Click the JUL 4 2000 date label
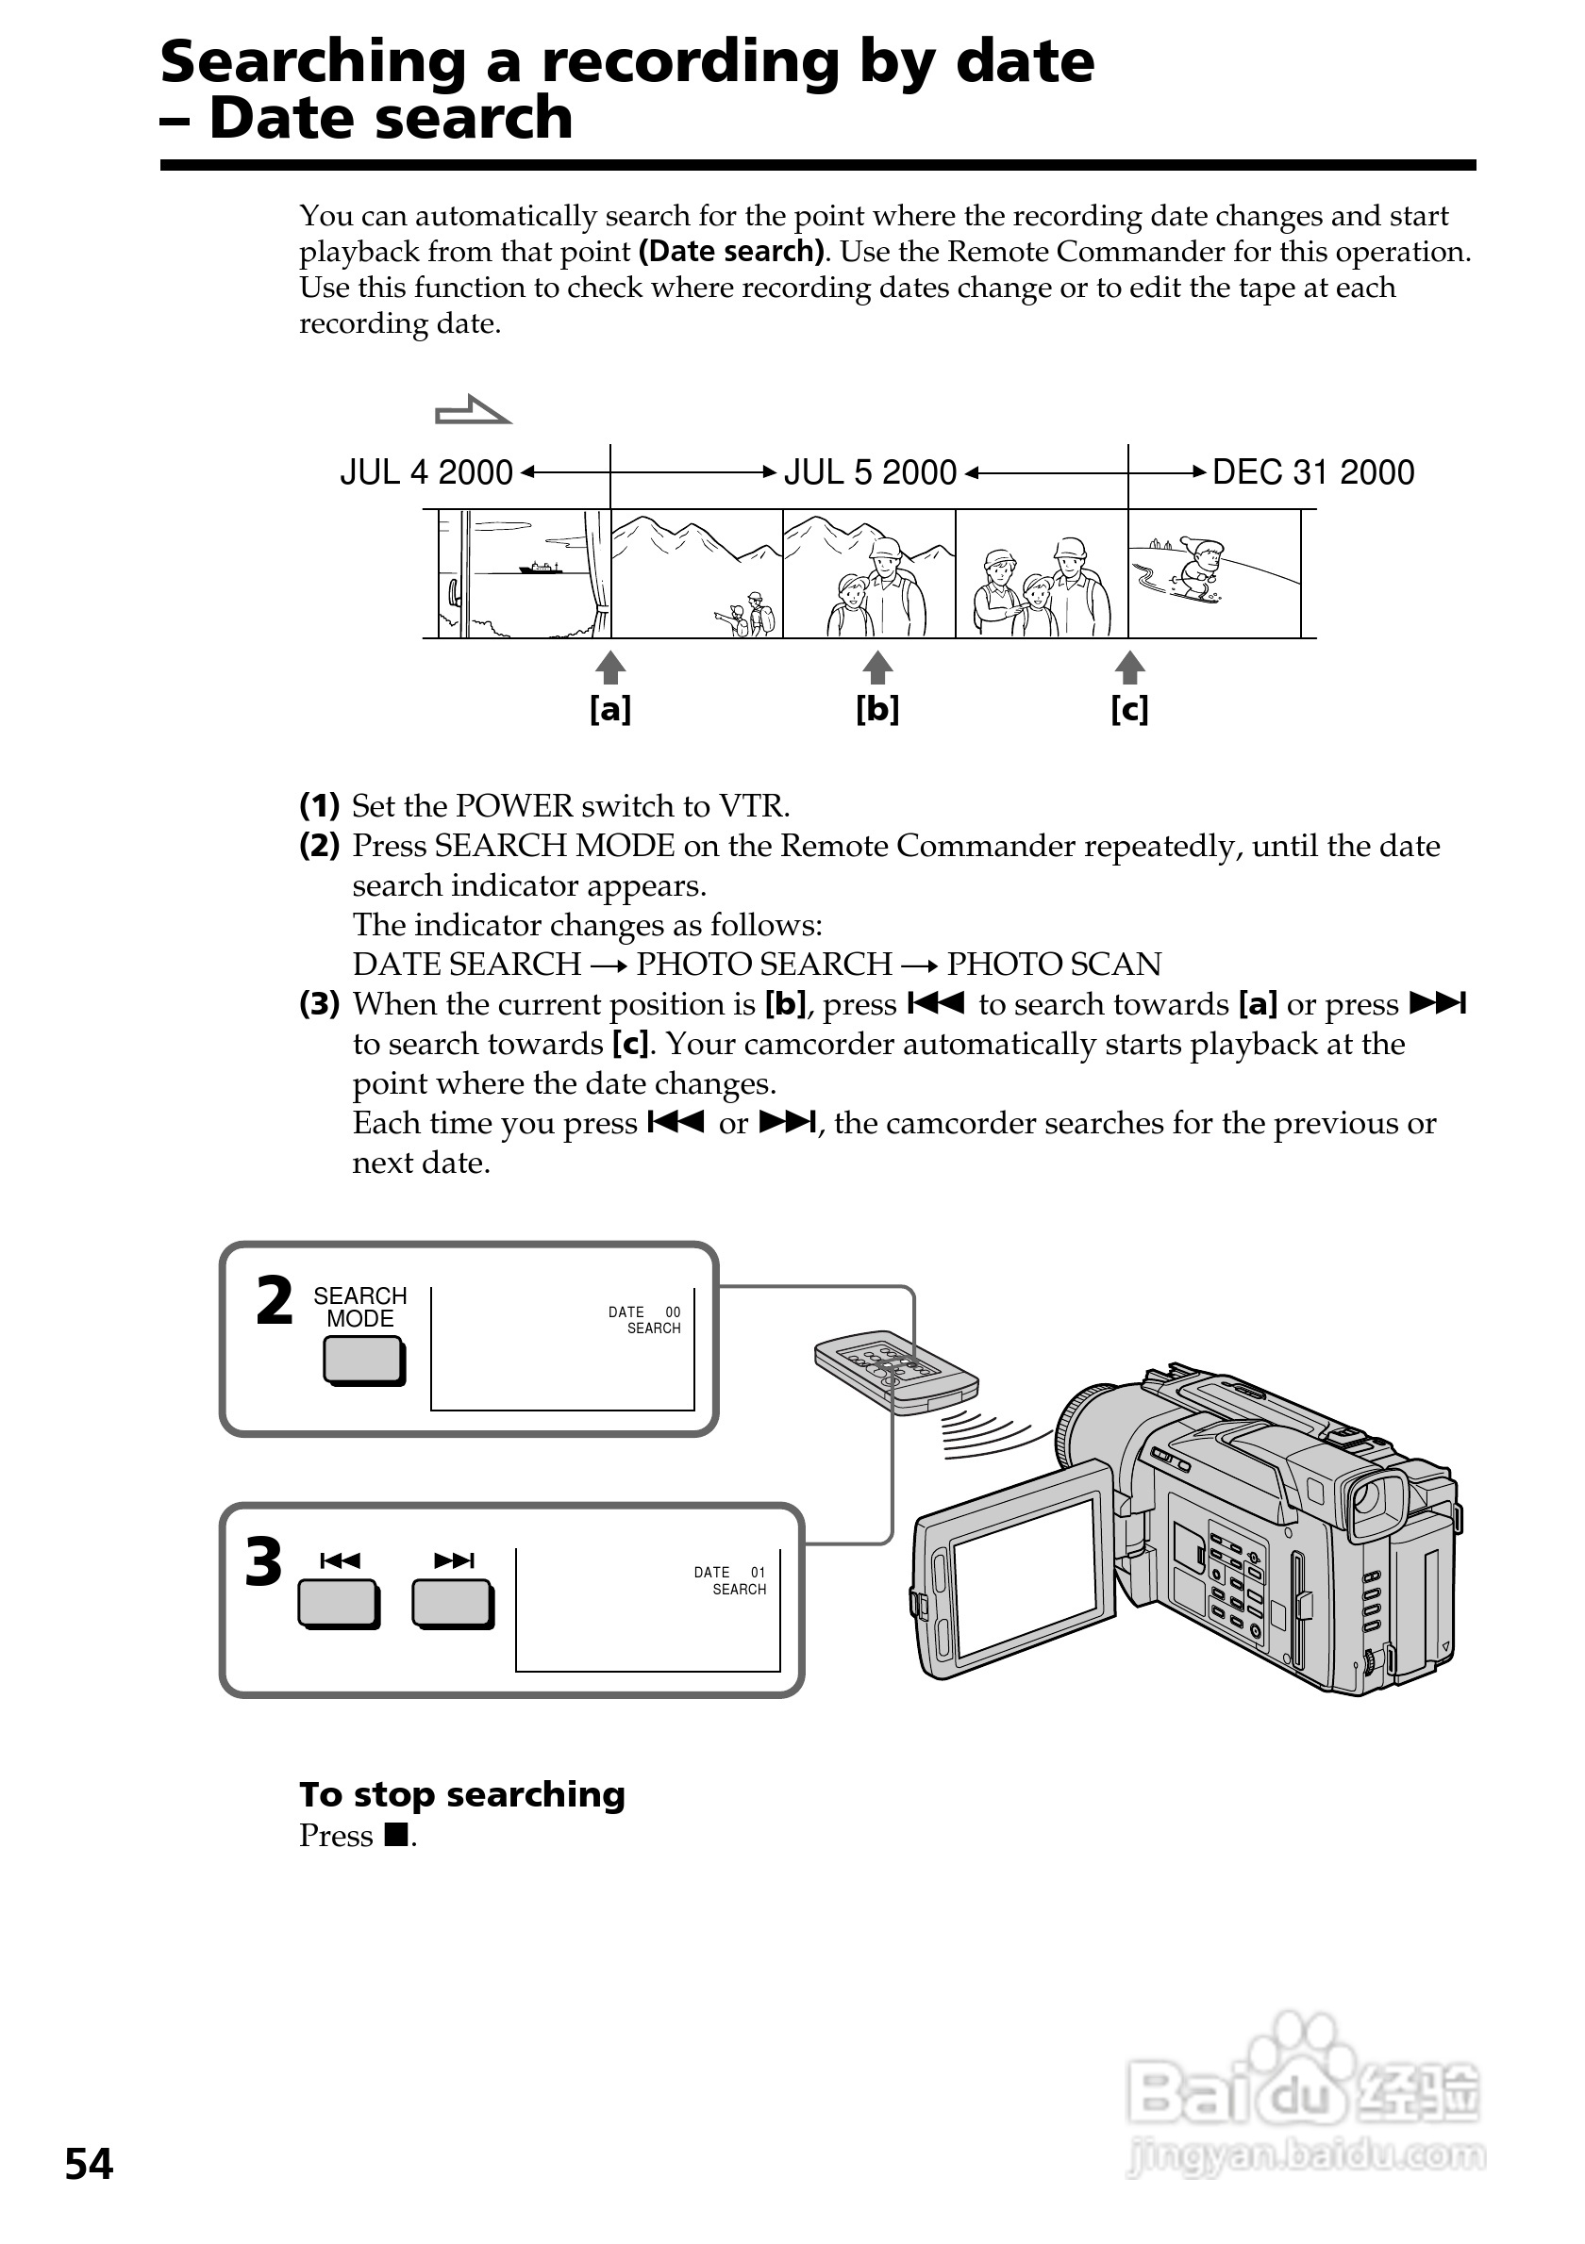click(x=426, y=473)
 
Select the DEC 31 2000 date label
click(x=1312, y=473)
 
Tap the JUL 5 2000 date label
click(x=869, y=473)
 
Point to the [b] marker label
click(x=877, y=709)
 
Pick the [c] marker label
click(x=1129, y=709)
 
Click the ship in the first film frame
click(x=539, y=567)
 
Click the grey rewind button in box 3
click(x=339, y=1604)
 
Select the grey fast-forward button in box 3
click(x=453, y=1604)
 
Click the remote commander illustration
click(x=894, y=1373)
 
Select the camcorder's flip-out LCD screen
click(x=1026, y=1581)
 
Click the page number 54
click(x=89, y=2164)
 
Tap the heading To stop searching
click(x=461, y=1794)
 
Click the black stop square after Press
click(x=395, y=1836)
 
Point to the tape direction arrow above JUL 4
click(x=473, y=410)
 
